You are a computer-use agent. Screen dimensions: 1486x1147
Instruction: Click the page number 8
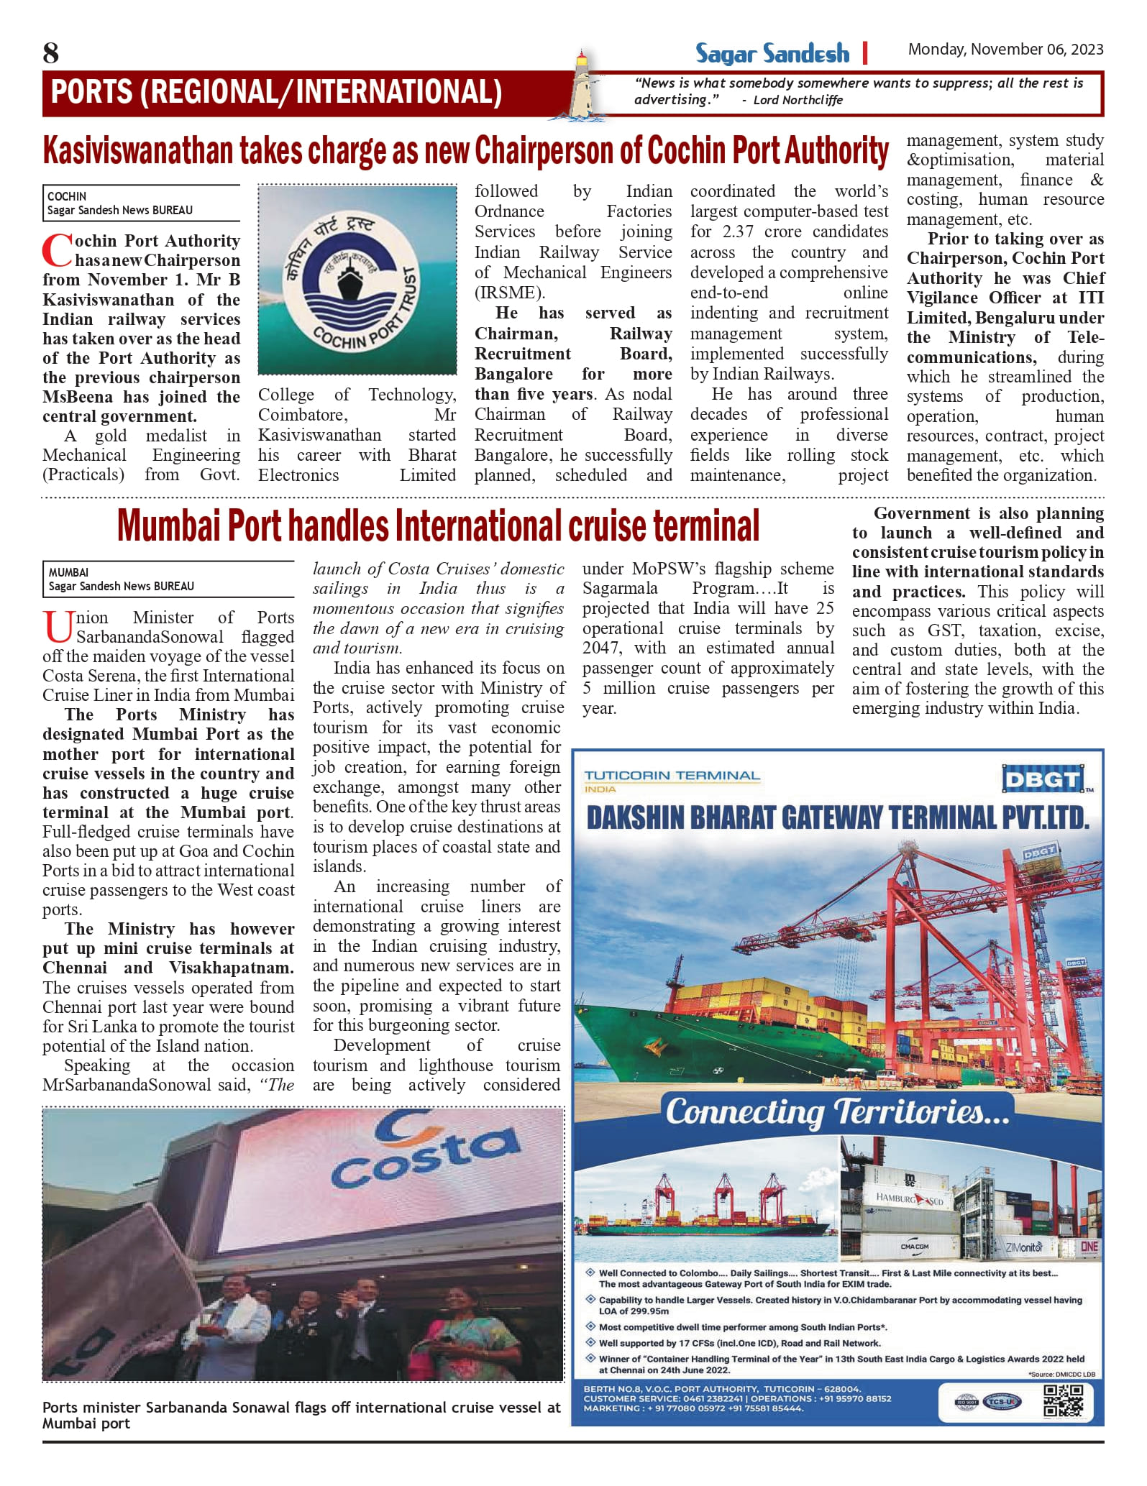pos(50,52)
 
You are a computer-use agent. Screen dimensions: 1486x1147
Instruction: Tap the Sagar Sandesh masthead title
pos(772,54)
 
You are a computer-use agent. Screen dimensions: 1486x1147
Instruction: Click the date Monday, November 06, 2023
pos(1005,49)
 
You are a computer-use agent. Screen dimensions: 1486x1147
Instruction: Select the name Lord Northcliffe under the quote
pos(798,100)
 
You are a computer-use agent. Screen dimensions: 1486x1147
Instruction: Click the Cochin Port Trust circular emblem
pos(357,280)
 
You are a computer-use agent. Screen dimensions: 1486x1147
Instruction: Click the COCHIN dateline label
pos(67,196)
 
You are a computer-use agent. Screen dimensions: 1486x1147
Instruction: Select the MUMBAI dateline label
pos(68,572)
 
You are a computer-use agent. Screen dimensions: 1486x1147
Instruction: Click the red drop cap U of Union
pos(58,626)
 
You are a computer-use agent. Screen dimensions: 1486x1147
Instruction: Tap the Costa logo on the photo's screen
pos(426,1157)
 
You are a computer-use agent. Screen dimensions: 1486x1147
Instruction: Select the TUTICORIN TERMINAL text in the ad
pos(672,775)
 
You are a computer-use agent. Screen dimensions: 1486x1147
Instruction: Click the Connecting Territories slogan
pos(837,1111)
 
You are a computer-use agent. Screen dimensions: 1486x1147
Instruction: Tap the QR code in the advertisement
pos(1063,1400)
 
